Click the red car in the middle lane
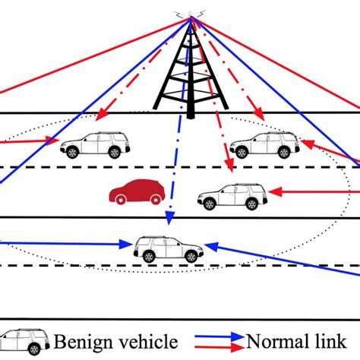coord(136,193)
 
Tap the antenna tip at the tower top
coord(190,15)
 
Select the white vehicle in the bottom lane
coord(169,248)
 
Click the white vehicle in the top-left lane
coord(95,145)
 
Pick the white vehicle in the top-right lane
coord(264,145)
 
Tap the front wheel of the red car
coord(156,199)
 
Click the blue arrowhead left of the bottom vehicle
coord(128,244)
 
